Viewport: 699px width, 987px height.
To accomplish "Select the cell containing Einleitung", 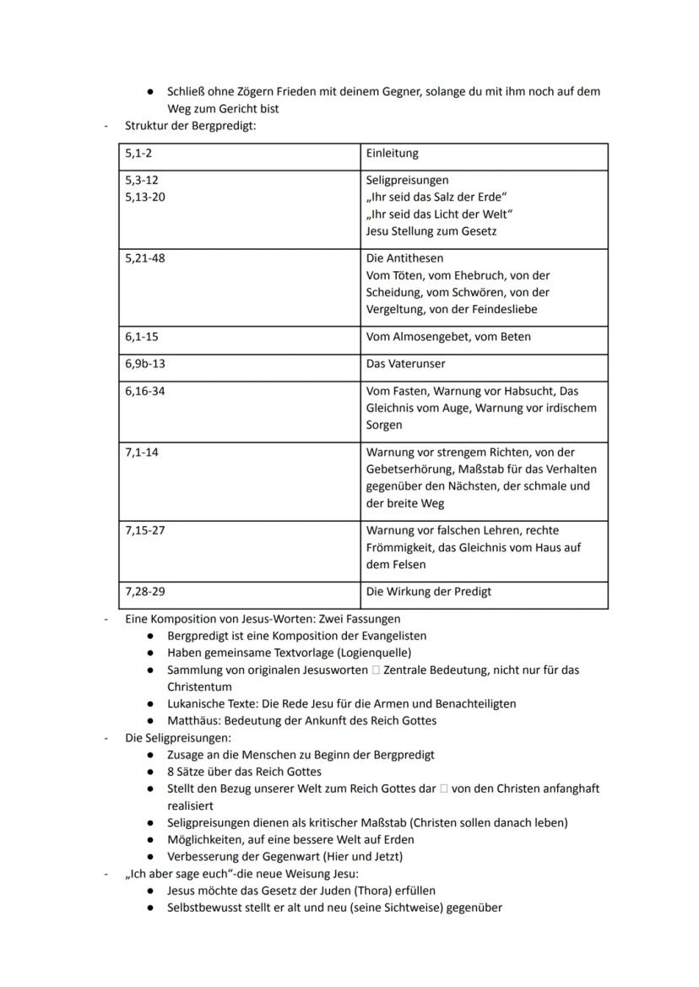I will coord(393,154).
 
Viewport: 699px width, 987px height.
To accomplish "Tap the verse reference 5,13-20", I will coord(145,198).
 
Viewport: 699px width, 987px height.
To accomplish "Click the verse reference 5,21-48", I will coord(145,258).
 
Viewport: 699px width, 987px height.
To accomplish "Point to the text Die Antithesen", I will coord(404,258).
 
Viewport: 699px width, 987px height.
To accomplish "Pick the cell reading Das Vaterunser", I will coord(405,364).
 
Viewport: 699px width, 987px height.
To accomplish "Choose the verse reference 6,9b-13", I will coord(145,364).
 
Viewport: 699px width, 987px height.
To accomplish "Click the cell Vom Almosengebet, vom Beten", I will coord(448,337).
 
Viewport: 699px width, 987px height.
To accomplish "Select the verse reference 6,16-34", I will coord(145,391).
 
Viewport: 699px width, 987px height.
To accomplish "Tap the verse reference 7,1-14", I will coord(142,453).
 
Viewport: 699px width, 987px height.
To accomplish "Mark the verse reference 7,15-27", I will coord(145,530).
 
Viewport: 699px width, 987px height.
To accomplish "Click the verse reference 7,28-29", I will coord(145,592).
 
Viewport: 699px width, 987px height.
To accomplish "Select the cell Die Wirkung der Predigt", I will coord(428,592).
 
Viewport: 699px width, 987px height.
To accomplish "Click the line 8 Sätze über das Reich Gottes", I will coord(244,771).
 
